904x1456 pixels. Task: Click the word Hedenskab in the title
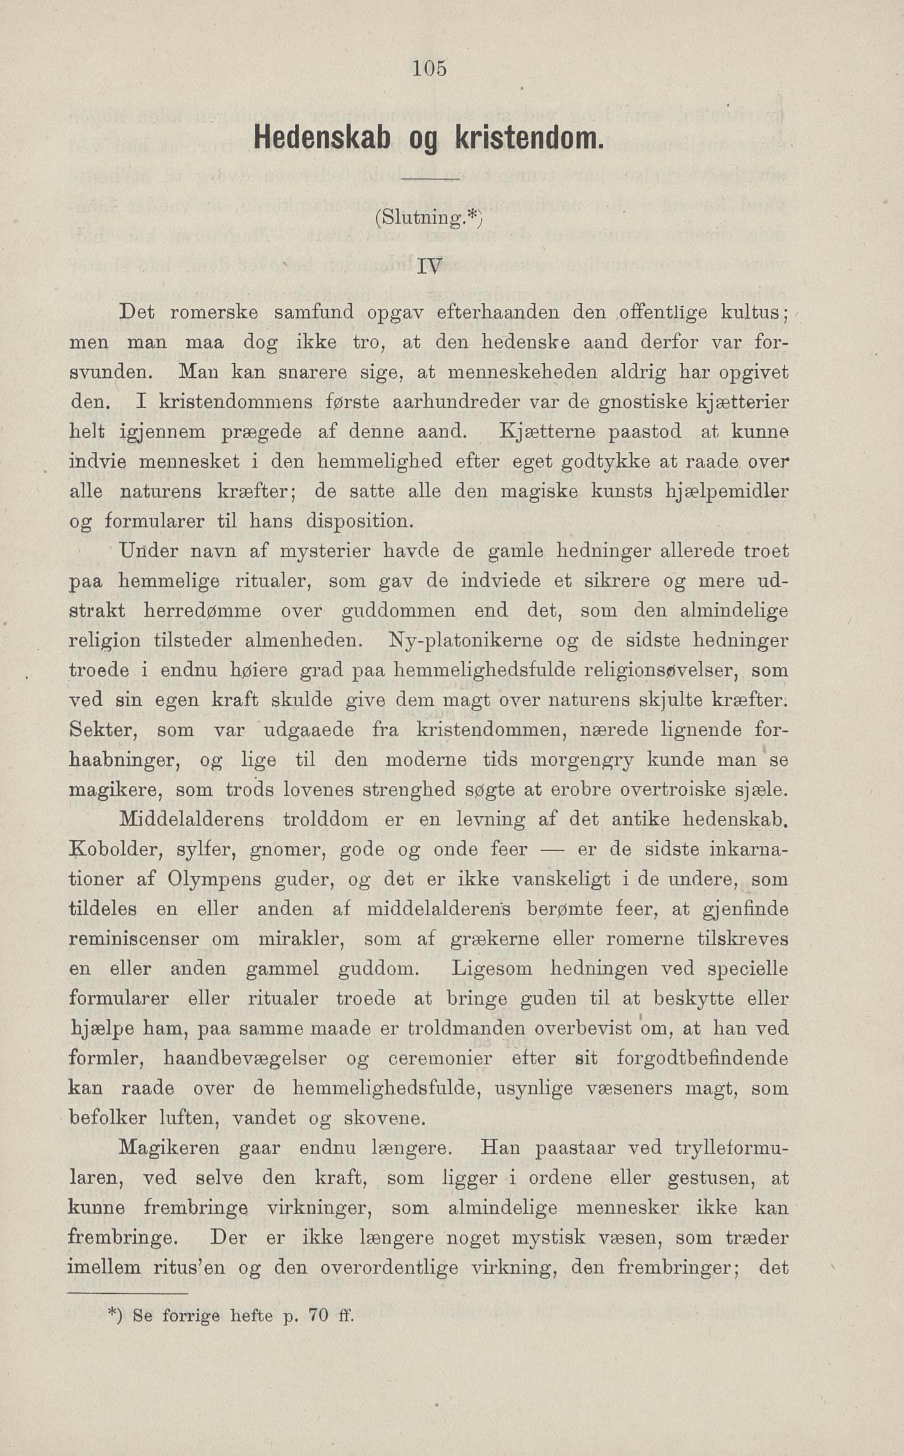[322, 139]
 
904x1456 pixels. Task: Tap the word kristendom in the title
[527, 139]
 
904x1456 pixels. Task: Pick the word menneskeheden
[522, 372]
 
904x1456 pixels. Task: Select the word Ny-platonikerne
[466, 641]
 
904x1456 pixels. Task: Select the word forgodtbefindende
[702, 1058]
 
